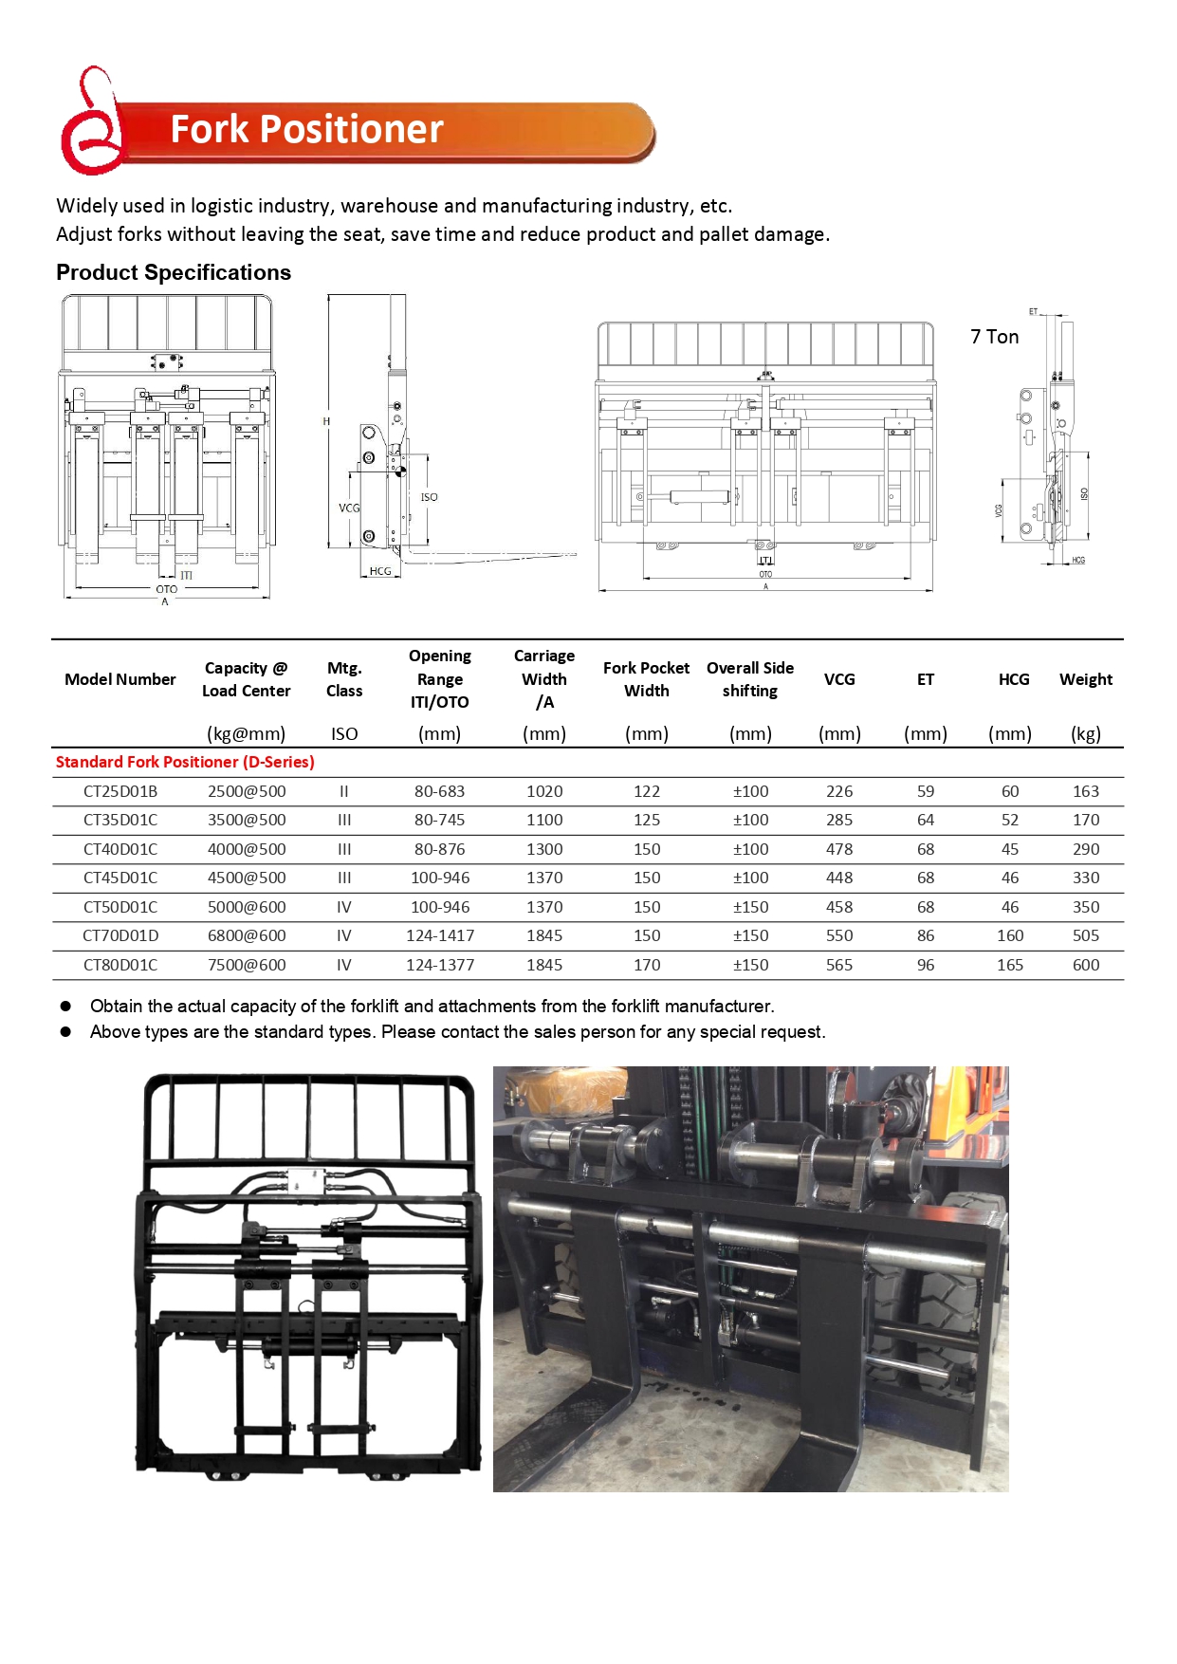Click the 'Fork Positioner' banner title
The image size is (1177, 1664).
pos(306,130)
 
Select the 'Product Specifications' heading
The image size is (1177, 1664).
pos(174,273)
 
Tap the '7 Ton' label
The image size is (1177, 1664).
pos(994,337)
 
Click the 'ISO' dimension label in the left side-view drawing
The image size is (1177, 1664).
pos(429,497)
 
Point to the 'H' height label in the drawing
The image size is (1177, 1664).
pos(326,421)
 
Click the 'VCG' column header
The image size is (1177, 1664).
pos(839,679)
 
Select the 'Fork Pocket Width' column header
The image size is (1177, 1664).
pos(646,679)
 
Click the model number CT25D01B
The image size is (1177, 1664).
pos(120,791)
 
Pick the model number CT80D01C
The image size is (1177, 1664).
pos(120,965)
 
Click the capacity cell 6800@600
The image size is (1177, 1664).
pos(247,935)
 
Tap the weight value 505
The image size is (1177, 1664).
pos(1085,935)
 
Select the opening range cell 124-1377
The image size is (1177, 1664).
pos(440,965)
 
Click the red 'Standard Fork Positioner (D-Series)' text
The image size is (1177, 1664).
pos(185,762)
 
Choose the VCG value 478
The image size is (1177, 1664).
pos(839,849)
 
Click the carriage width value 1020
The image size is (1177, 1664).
pos(544,791)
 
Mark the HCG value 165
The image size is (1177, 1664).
pos(1010,965)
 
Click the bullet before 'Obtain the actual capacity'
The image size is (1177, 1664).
pos(66,1006)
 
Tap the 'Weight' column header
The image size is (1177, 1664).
pos(1085,679)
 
